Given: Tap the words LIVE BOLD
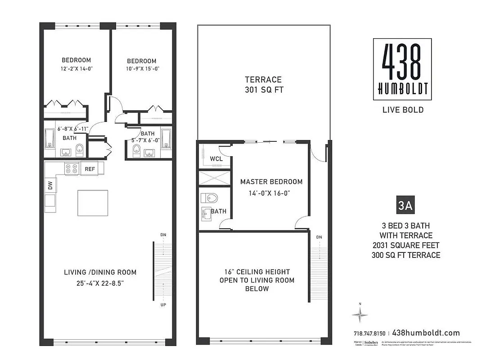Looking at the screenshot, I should coord(402,110).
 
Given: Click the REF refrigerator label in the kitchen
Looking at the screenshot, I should coord(90,169).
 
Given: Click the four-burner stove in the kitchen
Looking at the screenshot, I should coord(72,169).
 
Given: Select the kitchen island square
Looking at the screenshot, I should coord(93,203).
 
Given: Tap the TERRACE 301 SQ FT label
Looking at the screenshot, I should coord(263,85).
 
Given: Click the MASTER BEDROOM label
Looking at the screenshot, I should coord(271,182).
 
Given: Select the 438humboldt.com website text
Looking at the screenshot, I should coord(426,333).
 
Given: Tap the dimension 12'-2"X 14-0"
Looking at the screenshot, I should coord(76,68).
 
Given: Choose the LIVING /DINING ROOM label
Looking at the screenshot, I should coord(99,272).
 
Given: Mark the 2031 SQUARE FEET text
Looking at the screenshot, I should coord(406,245).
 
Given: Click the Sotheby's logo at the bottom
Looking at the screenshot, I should coord(371,343).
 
